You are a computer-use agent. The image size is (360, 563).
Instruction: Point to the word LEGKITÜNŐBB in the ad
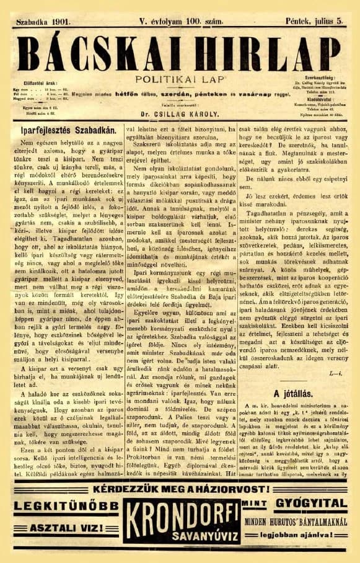(58, 505)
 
